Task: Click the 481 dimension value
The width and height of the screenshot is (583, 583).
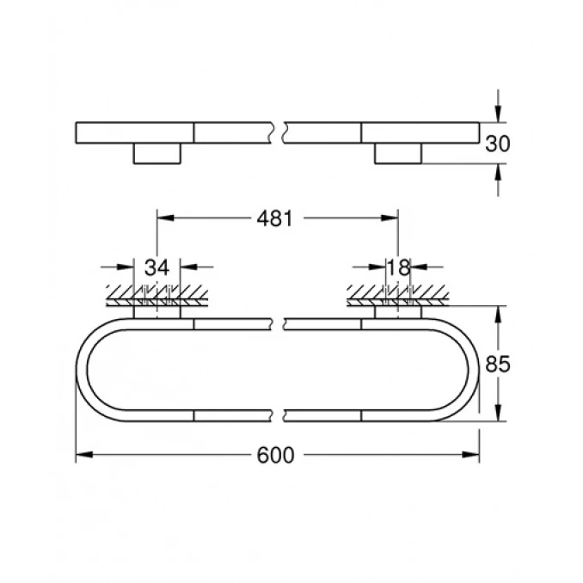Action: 276,218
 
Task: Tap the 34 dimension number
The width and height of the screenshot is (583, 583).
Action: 156,267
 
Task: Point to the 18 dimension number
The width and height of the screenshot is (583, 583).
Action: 398,267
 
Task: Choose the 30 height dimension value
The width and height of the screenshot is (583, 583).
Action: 497,144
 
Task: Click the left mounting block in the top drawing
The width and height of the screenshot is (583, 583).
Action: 156,154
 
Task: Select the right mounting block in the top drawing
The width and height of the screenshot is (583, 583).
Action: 398,154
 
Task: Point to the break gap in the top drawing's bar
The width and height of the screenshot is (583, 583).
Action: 279,132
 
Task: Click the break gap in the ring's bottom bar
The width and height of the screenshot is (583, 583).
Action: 279,415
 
